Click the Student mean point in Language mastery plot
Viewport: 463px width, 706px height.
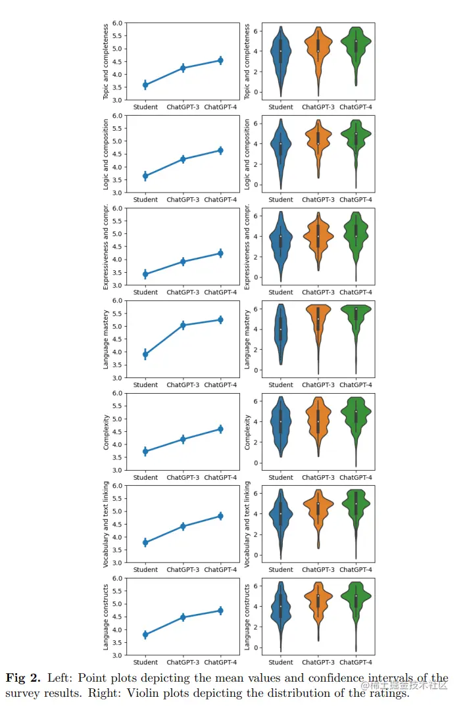tap(145, 354)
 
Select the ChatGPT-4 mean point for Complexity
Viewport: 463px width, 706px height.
tap(220, 429)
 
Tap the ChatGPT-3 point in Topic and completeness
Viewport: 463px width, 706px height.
tap(183, 68)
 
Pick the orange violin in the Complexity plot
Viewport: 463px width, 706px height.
tap(318, 424)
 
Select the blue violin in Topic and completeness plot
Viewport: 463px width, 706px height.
tap(281, 56)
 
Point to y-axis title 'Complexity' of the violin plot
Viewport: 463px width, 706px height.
tap(248, 432)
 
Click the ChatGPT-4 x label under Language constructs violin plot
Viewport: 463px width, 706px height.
tap(356, 662)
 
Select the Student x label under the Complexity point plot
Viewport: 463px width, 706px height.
tap(145, 477)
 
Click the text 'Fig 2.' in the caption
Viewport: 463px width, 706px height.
tap(24, 678)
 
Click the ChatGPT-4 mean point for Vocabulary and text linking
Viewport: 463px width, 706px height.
tap(220, 516)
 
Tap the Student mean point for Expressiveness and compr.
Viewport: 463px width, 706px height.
tap(145, 274)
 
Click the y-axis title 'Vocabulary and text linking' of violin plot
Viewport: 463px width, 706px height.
tap(248, 524)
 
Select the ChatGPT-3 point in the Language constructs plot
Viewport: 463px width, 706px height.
tap(183, 617)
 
